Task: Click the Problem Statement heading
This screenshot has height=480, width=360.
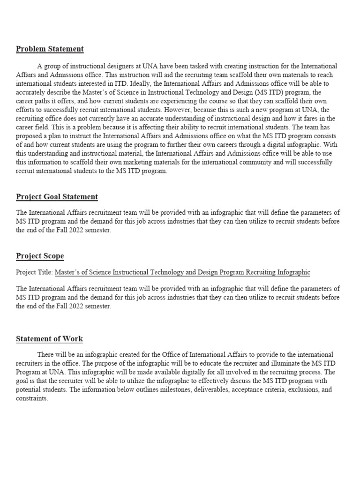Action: [x=50, y=49]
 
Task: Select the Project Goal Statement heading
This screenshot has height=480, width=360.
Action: [x=57, y=197]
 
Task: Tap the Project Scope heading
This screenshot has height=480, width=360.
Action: [x=40, y=256]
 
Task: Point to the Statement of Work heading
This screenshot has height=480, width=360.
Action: [x=49, y=339]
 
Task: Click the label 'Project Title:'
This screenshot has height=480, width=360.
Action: [x=34, y=272]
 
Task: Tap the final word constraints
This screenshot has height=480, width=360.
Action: [x=32, y=398]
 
